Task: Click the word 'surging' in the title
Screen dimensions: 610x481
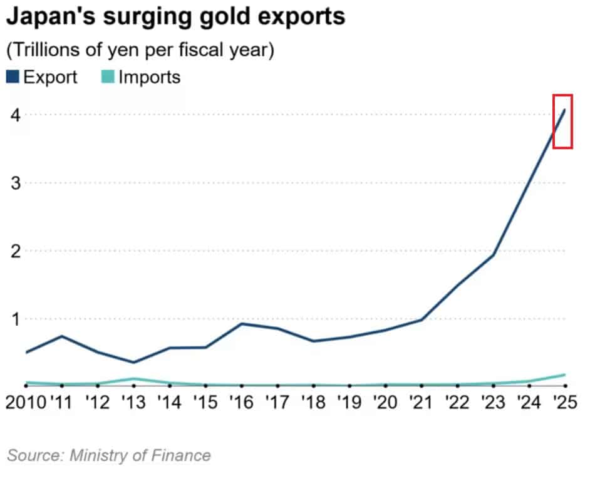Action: point(147,18)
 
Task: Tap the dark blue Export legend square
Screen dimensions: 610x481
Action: point(13,76)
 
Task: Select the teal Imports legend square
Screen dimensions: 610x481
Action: point(108,76)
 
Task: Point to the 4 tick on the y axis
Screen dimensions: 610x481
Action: point(16,115)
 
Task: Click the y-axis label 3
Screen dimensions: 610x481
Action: point(16,183)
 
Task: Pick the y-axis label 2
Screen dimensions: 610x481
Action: point(16,251)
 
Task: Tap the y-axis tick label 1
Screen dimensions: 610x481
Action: point(16,319)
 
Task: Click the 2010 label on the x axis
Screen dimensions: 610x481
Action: point(26,402)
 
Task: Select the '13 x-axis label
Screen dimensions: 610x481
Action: point(133,402)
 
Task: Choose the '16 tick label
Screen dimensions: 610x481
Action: point(241,402)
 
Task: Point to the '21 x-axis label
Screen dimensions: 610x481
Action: point(421,402)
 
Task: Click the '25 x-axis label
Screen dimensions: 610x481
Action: point(565,402)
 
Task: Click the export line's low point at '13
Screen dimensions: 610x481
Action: point(133,362)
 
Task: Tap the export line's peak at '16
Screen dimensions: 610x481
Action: point(242,323)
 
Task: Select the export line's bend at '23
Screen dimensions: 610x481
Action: point(494,256)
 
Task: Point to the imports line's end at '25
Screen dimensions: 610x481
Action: point(564,375)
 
